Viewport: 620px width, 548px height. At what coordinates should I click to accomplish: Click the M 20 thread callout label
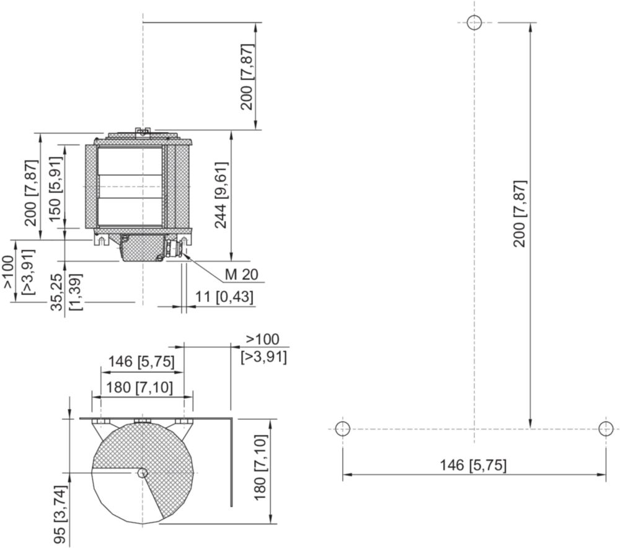pyautogui.click(x=241, y=275)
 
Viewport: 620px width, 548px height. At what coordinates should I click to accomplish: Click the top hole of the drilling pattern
pyautogui.click(x=474, y=22)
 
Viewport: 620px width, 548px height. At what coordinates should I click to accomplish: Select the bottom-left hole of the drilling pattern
pyautogui.click(x=342, y=428)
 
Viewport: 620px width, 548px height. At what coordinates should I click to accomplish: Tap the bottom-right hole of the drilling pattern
pyautogui.click(x=606, y=428)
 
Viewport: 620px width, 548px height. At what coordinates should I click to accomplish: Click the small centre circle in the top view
pyautogui.click(x=143, y=472)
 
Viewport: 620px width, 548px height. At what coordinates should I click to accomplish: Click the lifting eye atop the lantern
pyautogui.click(x=143, y=131)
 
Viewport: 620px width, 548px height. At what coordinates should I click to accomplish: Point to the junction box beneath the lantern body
pyautogui.click(x=140, y=247)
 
